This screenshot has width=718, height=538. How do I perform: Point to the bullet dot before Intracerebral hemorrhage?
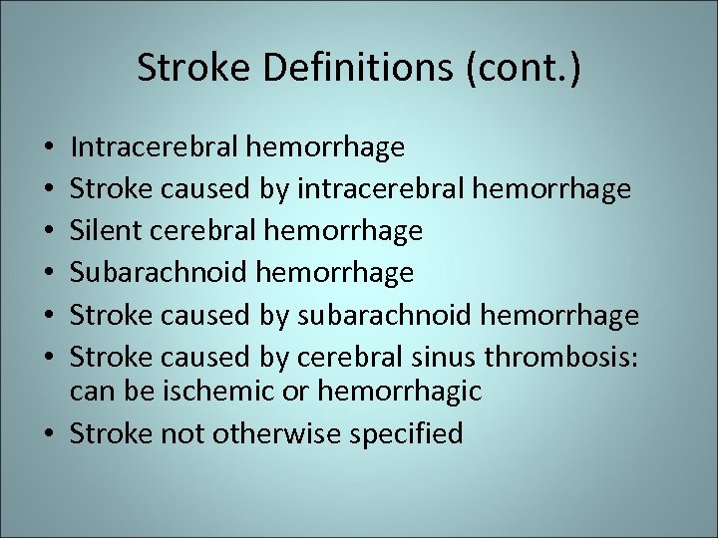tap(49, 149)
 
